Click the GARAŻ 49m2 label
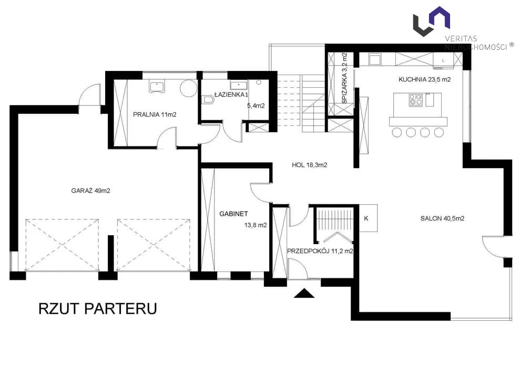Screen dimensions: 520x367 tap(90, 191)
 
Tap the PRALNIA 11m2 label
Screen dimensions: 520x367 tap(155, 115)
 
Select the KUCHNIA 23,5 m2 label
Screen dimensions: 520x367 tap(424, 79)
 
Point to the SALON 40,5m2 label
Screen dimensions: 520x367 tap(442, 218)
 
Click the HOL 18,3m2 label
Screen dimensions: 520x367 tap(309, 165)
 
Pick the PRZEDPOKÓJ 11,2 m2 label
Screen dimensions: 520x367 tap(320, 251)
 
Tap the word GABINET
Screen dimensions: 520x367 tap(233, 214)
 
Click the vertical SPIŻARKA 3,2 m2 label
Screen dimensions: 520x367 tap(344, 78)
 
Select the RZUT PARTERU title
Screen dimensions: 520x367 tap(98, 308)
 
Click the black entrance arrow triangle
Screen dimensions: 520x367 tap(304, 293)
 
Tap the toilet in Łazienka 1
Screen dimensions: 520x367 tap(207, 99)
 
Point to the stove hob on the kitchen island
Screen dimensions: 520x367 tap(415, 100)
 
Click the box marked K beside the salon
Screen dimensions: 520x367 tap(368, 218)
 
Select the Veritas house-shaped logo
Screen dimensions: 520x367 tap(432, 21)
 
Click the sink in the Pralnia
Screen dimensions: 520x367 tap(157, 87)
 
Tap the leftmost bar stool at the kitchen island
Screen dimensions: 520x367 tap(396, 132)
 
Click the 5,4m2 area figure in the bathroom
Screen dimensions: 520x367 tap(256, 106)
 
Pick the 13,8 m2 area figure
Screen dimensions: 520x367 tap(256, 225)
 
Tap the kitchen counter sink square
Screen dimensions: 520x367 tap(375, 60)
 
